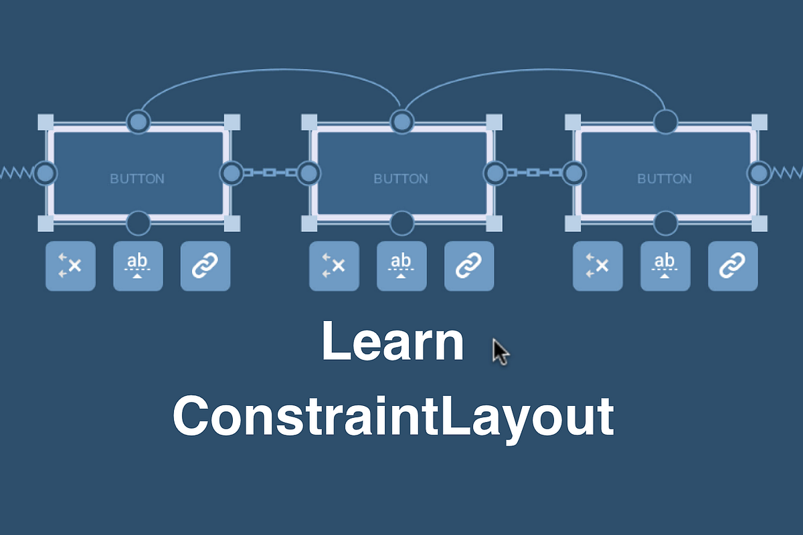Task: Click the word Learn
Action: [393, 341]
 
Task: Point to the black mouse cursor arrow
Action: [500, 351]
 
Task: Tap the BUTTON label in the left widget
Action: [137, 179]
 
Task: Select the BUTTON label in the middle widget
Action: [401, 179]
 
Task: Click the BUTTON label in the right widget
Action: [664, 179]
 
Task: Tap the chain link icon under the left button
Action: [205, 266]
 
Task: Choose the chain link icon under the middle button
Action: [469, 266]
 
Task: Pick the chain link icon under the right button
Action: [733, 266]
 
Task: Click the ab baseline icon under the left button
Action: [138, 266]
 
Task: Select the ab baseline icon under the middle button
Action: [401, 266]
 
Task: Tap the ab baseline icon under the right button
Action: [665, 266]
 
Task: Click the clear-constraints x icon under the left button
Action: [70, 266]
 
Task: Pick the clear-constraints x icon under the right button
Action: [598, 266]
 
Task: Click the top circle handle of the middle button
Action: [401, 121]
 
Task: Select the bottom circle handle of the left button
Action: [139, 223]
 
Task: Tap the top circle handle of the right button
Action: [665, 121]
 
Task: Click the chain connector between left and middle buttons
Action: [270, 173]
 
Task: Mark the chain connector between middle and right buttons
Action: [533, 173]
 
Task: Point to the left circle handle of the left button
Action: [45, 173]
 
